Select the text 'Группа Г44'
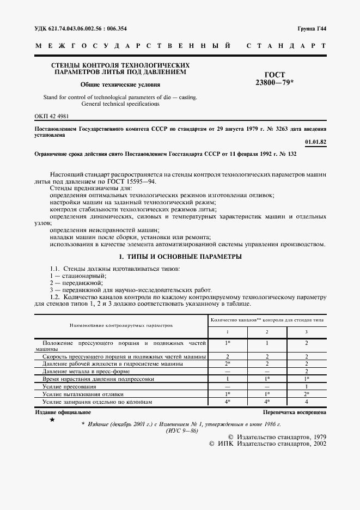click(311, 28)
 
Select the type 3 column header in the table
click(306, 331)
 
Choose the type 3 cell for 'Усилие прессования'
click(306, 386)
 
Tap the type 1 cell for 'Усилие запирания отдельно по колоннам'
click(228, 401)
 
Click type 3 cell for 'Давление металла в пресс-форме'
click(306, 371)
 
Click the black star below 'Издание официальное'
click(52, 420)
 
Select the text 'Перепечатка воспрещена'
click(295, 412)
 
